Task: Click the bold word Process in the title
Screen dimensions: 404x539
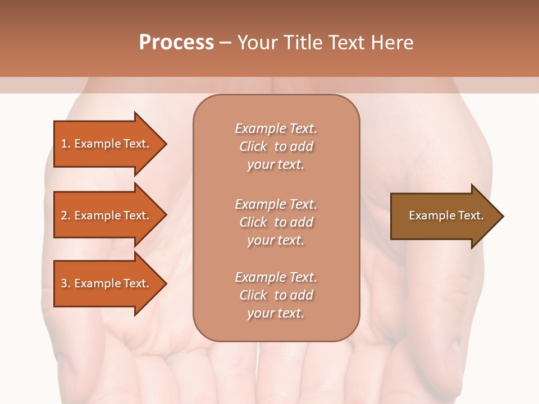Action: [x=176, y=43]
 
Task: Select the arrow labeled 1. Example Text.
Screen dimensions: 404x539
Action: [x=107, y=144]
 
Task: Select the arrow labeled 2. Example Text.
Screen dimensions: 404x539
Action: [x=107, y=215]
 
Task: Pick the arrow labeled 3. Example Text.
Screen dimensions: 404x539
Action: [x=107, y=283]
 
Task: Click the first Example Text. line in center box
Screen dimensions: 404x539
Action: [x=276, y=128]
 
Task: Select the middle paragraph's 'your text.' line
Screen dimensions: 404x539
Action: [x=276, y=240]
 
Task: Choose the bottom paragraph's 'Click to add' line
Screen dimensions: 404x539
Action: [x=276, y=295]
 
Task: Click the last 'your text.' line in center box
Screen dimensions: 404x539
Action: [x=276, y=313]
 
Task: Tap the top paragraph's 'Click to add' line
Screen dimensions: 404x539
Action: [x=276, y=146]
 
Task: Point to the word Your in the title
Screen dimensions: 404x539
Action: [x=257, y=43]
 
